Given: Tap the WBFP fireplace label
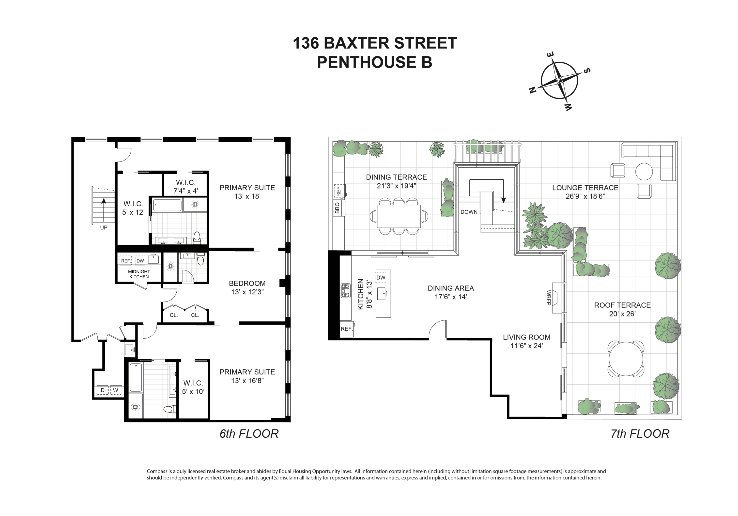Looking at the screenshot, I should click(x=548, y=298).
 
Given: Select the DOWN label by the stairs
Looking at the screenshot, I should click(x=469, y=212).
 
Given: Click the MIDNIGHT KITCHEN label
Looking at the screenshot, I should click(x=139, y=274).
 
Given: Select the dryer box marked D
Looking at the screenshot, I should click(x=103, y=390).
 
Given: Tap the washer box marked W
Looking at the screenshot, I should click(x=116, y=390).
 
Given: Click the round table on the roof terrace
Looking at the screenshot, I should click(x=626, y=359).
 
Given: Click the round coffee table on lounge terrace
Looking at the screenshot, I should click(x=644, y=172).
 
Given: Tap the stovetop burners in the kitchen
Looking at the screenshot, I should click(x=346, y=291).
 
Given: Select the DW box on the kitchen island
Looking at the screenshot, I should click(x=381, y=277).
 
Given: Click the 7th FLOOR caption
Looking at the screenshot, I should click(x=640, y=434).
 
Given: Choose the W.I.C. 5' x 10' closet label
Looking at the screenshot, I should click(x=193, y=387).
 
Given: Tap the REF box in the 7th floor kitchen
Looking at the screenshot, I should click(x=346, y=329).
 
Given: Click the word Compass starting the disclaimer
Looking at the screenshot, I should click(x=157, y=471).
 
